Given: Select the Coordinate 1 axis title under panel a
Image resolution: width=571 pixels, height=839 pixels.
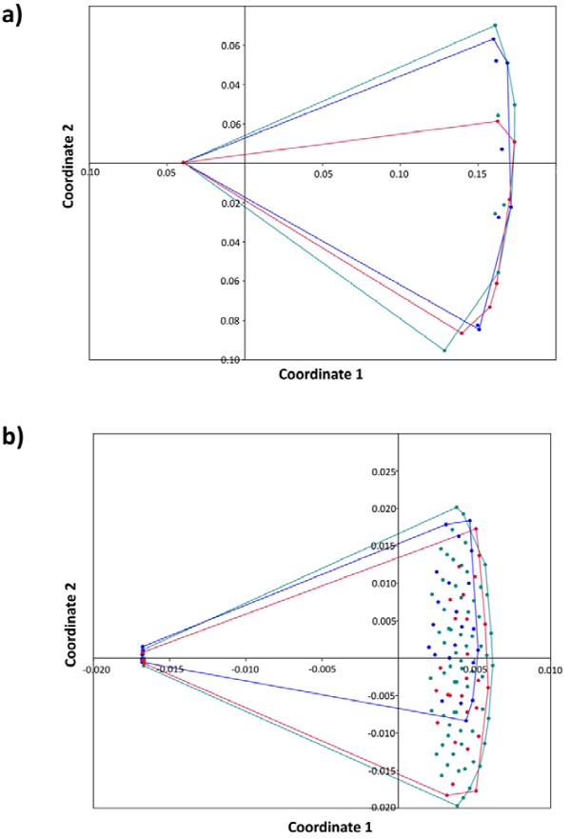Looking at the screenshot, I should [x=320, y=375].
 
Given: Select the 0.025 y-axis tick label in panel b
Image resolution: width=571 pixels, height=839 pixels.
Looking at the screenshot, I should [x=381, y=471].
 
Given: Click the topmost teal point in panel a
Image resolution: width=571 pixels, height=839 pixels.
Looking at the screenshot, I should [x=495, y=26].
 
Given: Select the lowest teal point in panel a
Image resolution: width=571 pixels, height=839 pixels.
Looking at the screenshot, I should [x=444, y=350].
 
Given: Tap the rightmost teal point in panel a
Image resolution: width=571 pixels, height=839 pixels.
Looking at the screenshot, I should [x=515, y=105].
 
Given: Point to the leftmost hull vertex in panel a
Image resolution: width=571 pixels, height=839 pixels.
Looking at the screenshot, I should [x=183, y=163].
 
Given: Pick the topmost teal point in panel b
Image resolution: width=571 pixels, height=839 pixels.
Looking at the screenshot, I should [x=457, y=508].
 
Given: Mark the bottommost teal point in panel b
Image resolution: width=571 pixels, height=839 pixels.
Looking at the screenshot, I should [x=457, y=806].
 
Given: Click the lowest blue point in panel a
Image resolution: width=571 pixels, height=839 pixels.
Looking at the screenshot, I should [x=479, y=330].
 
